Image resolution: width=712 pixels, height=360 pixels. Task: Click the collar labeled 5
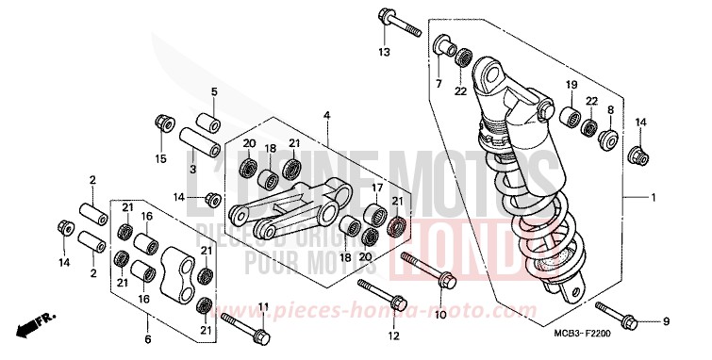click(208, 125)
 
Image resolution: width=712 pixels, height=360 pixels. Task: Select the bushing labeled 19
click(570, 118)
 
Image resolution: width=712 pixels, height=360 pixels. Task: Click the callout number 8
click(610, 110)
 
